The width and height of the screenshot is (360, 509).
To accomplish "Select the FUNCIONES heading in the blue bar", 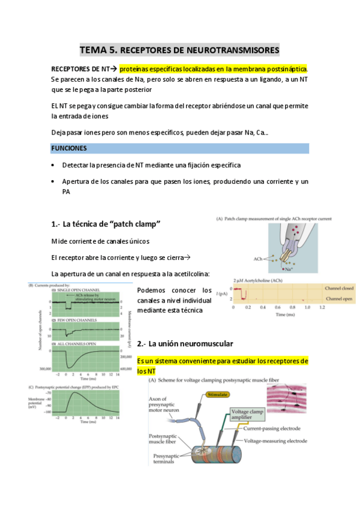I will [69, 148].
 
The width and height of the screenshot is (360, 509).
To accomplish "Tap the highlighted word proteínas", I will [137, 68].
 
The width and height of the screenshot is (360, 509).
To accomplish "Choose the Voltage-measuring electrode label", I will [280, 441].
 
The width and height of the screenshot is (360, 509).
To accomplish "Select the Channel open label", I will [339, 298].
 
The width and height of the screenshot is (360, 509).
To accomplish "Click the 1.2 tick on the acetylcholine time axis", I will [322, 307].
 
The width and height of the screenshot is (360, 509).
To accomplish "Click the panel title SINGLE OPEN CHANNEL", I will [79, 291].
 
